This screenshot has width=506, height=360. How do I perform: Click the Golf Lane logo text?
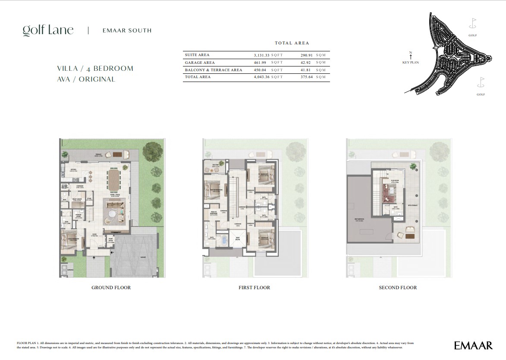tap(48, 30)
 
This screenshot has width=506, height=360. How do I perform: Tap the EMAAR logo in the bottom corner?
tap(473, 345)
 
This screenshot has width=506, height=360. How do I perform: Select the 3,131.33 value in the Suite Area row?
tap(262, 55)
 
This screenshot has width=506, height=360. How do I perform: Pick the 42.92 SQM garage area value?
tap(307, 63)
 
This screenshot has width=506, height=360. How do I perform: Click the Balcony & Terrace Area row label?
tap(214, 70)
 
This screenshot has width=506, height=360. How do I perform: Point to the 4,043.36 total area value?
tap(262, 77)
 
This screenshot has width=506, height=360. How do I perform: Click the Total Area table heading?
tap(292, 43)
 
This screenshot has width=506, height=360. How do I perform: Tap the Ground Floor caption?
tap(111, 287)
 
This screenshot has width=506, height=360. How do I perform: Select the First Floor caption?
tap(254, 287)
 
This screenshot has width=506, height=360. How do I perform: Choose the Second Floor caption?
tap(398, 287)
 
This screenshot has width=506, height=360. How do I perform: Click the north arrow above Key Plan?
tap(411, 55)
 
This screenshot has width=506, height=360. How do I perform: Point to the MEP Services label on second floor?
tap(359, 219)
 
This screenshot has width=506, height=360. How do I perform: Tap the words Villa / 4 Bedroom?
tap(95, 68)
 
